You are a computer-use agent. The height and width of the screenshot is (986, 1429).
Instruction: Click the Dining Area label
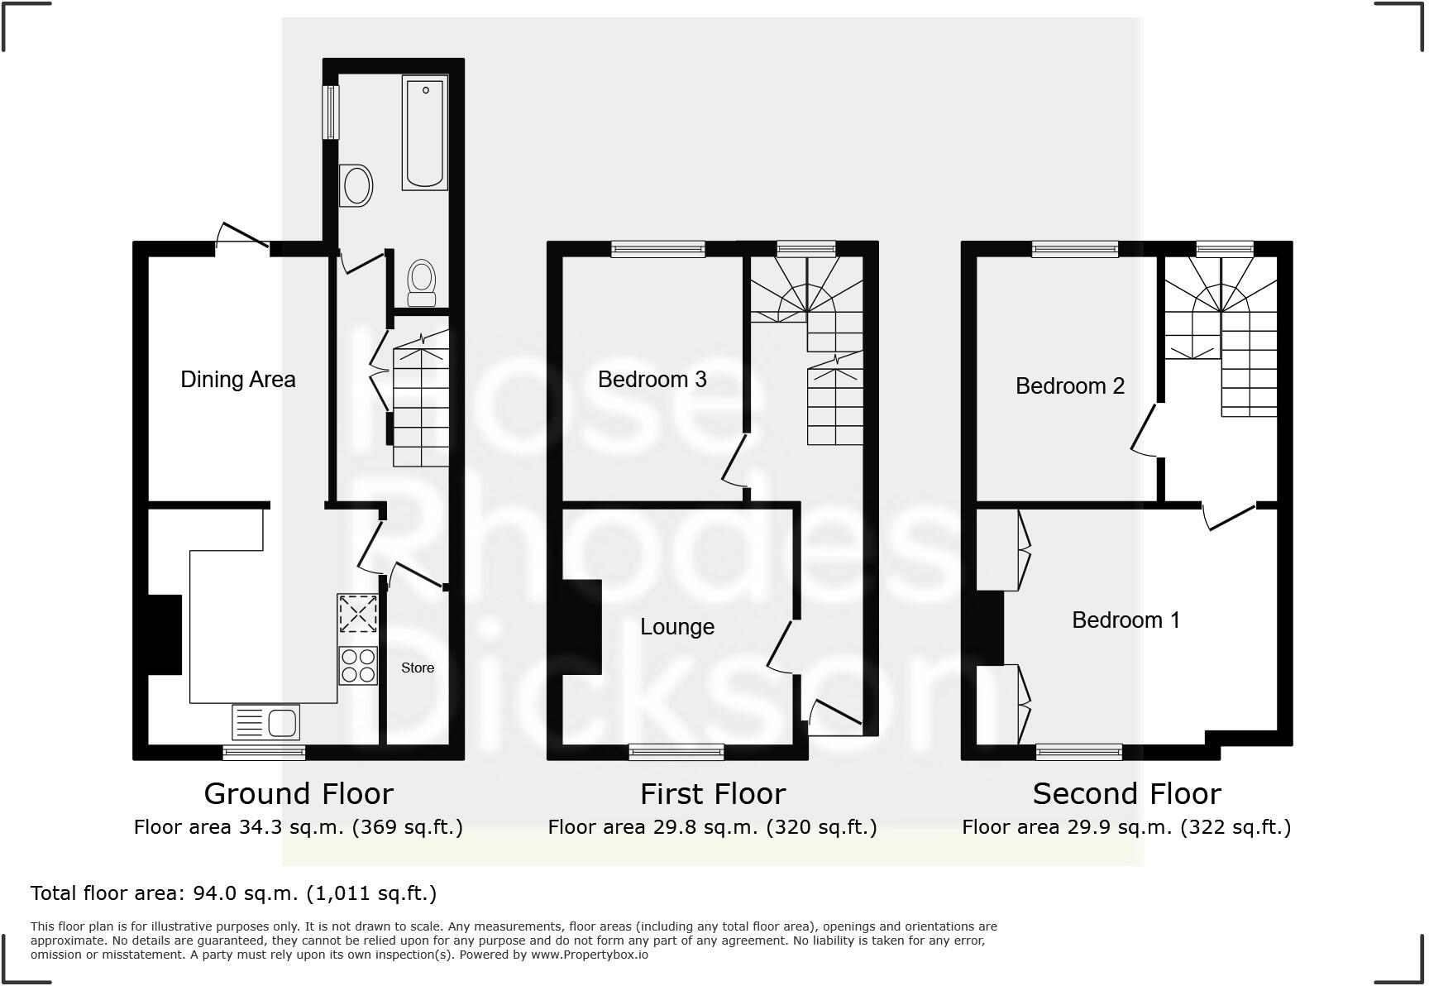(x=237, y=380)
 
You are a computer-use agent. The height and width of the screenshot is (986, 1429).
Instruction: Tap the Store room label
(x=418, y=668)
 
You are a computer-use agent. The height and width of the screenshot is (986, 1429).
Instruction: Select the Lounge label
(x=676, y=627)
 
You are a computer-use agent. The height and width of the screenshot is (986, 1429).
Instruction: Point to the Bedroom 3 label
(x=652, y=380)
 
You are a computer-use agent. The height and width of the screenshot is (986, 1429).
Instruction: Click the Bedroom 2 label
(x=1069, y=386)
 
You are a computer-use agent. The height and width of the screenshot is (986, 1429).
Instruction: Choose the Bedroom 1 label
(x=1126, y=620)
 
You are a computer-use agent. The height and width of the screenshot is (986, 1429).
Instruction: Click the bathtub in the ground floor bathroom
(x=425, y=132)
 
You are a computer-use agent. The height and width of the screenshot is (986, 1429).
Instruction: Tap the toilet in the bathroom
(x=423, y=284)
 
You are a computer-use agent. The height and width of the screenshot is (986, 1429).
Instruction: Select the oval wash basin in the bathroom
(x=357, y=184)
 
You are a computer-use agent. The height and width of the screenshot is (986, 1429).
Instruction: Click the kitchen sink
(x=265, y=722)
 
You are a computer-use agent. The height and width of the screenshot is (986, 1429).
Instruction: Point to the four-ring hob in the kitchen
(x=357, y=666)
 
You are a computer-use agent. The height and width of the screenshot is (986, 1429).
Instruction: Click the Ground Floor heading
(x=299, y=794)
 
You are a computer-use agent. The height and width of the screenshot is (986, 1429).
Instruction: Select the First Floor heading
(x=712, y=794)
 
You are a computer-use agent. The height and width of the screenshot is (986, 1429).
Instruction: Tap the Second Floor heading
(x=1126, y=794)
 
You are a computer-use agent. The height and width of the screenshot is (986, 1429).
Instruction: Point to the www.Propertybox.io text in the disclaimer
(x=589, y=955)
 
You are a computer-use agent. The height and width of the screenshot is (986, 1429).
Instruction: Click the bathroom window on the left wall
(x=330, y=112)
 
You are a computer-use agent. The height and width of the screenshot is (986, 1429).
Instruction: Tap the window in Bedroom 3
(x=658, y=249)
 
